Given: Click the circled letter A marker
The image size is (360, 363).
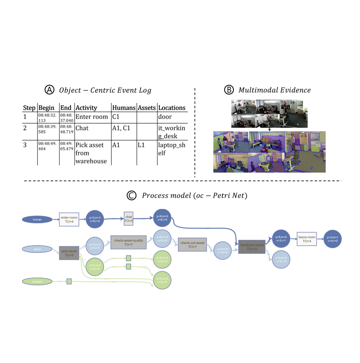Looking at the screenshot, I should tap(50, 90).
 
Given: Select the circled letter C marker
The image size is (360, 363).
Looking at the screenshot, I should tap(132, 196).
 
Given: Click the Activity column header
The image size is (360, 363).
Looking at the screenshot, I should tap(86, 108).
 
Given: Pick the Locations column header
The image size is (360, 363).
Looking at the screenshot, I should tap(172, 108).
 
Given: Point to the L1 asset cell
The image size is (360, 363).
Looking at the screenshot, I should tap(141, 145).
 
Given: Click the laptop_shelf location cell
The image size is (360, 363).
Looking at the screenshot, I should tap(168, 149).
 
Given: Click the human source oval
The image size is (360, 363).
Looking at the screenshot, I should tap(37, 219).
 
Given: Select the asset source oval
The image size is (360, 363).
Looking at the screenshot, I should tap(37, 249).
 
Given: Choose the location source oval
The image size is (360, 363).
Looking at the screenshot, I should tap(37, 281).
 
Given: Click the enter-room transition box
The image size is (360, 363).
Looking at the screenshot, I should tap(69, 219).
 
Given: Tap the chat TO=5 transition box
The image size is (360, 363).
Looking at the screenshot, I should tap(129, 219).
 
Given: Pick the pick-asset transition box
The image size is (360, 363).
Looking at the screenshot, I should tap(69, 252).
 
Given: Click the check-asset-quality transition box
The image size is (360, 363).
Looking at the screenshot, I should tap(128, 242).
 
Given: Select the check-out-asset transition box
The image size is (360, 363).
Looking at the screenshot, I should tap(192, 244).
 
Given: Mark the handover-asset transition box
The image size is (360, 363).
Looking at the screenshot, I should tap(252, 247).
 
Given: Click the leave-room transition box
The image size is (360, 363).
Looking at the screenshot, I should tap(306, 239).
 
